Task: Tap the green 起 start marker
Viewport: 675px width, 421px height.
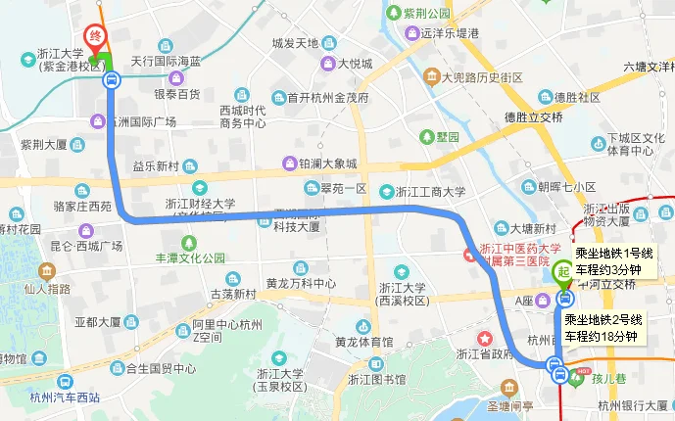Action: tap(564, 271)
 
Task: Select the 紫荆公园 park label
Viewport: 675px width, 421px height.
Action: tap(426, 13)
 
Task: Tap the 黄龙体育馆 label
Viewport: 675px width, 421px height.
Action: tap(363, 343)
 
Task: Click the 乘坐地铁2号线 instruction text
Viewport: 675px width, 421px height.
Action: tap(603, 320)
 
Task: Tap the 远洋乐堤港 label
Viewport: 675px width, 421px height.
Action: tap(451, 32)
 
